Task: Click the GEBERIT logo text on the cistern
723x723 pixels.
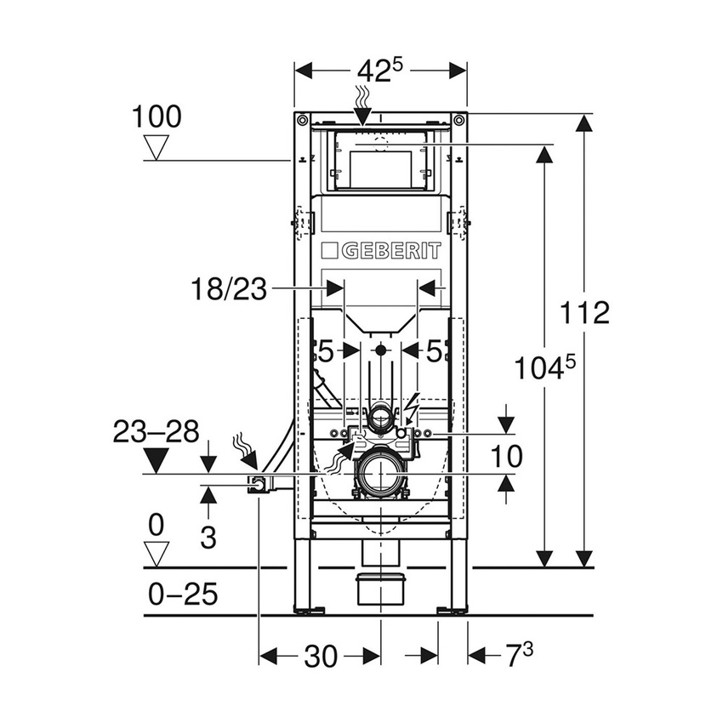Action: pyautogui.click(x=381, y=251)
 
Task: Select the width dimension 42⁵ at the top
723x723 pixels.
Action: pyautogui.click(x=379, y=71)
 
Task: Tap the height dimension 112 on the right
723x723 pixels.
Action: pyautogui.click(x=586, y=313)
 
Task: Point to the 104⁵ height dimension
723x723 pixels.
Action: pyautogui.click(x=545, y=369)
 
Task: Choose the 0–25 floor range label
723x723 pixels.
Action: pyautogui.click(x=183, y=594)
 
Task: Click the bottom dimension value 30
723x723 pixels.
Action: pyautogui.click(x=319, y=656)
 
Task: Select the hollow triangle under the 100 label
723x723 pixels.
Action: pyautogui.click(x=156, y=148)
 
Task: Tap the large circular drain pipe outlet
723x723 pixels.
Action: pyautogui.click(x=380, y=472)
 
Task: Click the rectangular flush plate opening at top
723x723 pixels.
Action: pyautogui.click(x=380, y=162)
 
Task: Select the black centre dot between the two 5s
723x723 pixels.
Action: pyautogui.click(x=380, y=350)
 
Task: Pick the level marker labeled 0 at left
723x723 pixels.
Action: pyautogui.click(x=156, y=526)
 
